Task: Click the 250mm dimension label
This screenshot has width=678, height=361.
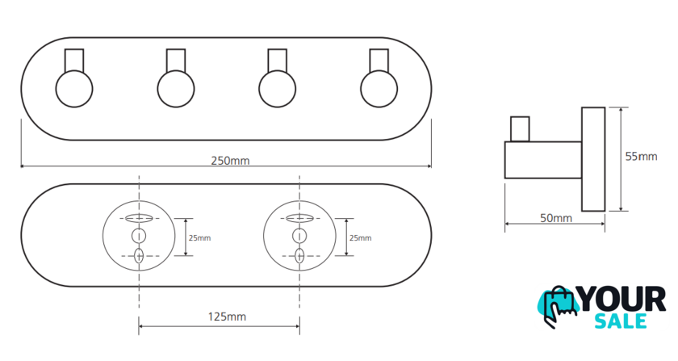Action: (230, 161)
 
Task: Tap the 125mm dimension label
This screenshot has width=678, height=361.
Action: (227, 317)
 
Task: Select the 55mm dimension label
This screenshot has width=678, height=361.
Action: (641, 156)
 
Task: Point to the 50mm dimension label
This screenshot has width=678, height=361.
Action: (556, 218)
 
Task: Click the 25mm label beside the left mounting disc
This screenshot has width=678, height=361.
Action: (200, 237)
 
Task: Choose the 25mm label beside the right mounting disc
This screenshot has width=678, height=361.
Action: (361, 237)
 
